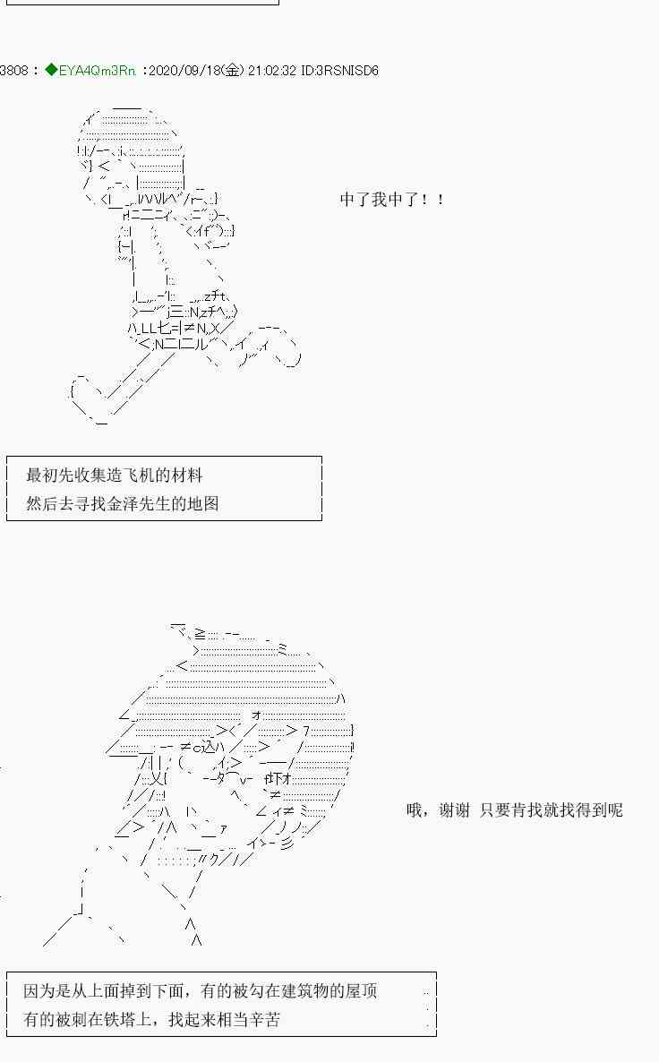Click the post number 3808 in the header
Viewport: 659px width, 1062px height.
(13, 70)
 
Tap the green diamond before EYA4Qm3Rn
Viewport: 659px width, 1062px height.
(51, 70)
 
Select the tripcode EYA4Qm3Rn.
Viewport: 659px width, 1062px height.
(98, 70)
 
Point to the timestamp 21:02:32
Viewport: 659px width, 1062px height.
(271, 70)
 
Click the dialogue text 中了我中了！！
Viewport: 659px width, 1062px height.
(391, 200)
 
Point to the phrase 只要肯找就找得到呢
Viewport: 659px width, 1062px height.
(551, 810)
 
